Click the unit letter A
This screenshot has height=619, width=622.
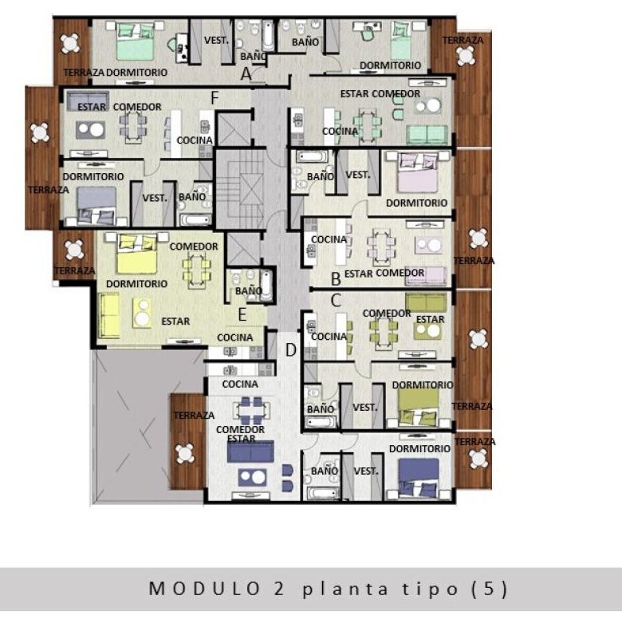click(x=246, y=74)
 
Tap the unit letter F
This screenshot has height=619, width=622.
click(x=215, y=97)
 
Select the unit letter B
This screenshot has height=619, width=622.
click(x=336, y=279)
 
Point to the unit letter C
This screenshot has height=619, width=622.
click(x=336, y=300)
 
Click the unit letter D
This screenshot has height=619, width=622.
click(x=291, y=350)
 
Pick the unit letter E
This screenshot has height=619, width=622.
click(x=242, y=314)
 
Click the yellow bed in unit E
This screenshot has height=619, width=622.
click(x=137, y=253)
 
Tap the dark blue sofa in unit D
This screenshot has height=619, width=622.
click(x=250, y=451)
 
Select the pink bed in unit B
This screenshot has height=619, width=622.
click(x=418, y=172)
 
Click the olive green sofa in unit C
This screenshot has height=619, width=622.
click(x=426, y=303)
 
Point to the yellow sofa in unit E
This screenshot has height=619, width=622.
click(x=108, y=316)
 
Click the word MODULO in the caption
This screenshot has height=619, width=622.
click(x=204, y=589)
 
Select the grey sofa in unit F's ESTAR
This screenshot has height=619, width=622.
click(x=88, y=101)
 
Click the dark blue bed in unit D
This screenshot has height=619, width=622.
click(x=419, y=478)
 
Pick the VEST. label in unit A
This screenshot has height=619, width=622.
click(x=216, y=41)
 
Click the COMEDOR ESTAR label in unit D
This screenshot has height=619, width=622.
click(x=240, y=434)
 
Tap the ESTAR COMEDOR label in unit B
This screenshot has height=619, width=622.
click(x=384, y=274)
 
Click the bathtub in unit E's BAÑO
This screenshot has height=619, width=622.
click(x=266, y=285)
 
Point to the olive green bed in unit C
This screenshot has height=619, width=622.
click(x=419, y=408)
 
